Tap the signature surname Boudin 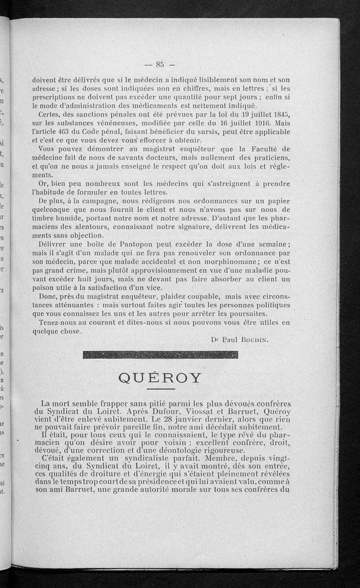tap(255, 340)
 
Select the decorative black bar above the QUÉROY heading tap(161, 355)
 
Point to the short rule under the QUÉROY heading tap(160, 389)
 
